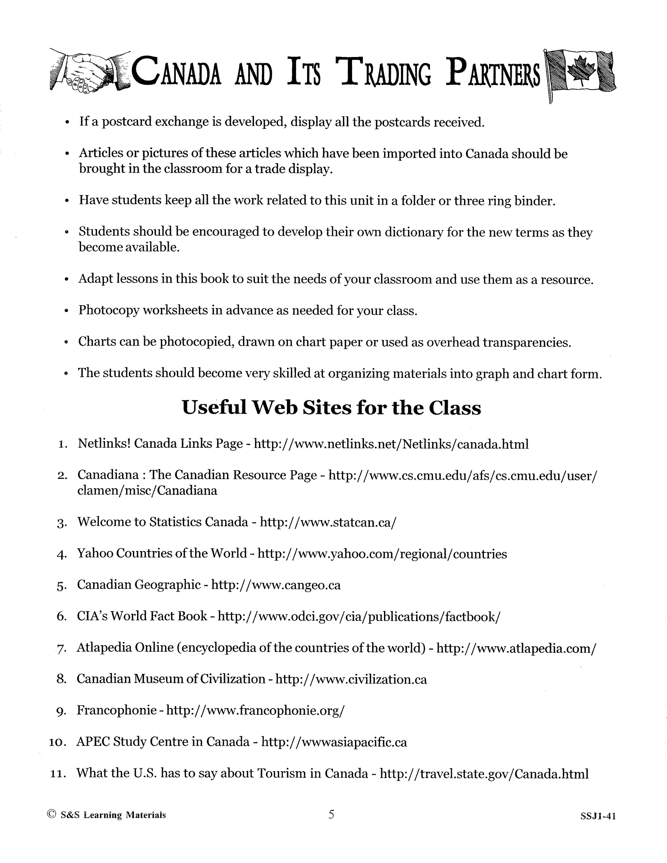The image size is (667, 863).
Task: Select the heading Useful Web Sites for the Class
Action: [x=331, y=407]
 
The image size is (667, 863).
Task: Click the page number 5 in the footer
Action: [x=331, y=814]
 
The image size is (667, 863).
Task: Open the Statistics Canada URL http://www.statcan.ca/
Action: [x=328, y=522]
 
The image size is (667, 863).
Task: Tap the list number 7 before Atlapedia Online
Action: [x=61, y=648]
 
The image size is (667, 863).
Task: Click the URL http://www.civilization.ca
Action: [x=351, y=679]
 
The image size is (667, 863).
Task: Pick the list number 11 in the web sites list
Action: [x=58, y=773]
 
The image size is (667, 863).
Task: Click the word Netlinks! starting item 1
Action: [x=104, y=444]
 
